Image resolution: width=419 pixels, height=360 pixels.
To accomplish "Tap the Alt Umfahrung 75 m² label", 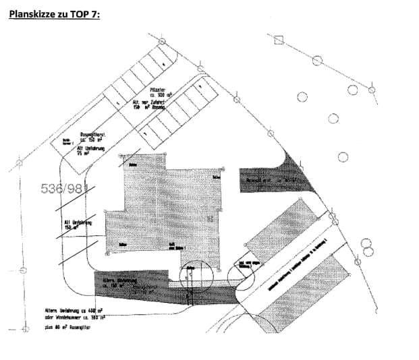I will [x=89, y=151].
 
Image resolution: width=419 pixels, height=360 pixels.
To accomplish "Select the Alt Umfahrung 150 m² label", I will [x=78, y=224].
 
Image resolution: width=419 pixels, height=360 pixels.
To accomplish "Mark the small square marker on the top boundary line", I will [x=277, y=40].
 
